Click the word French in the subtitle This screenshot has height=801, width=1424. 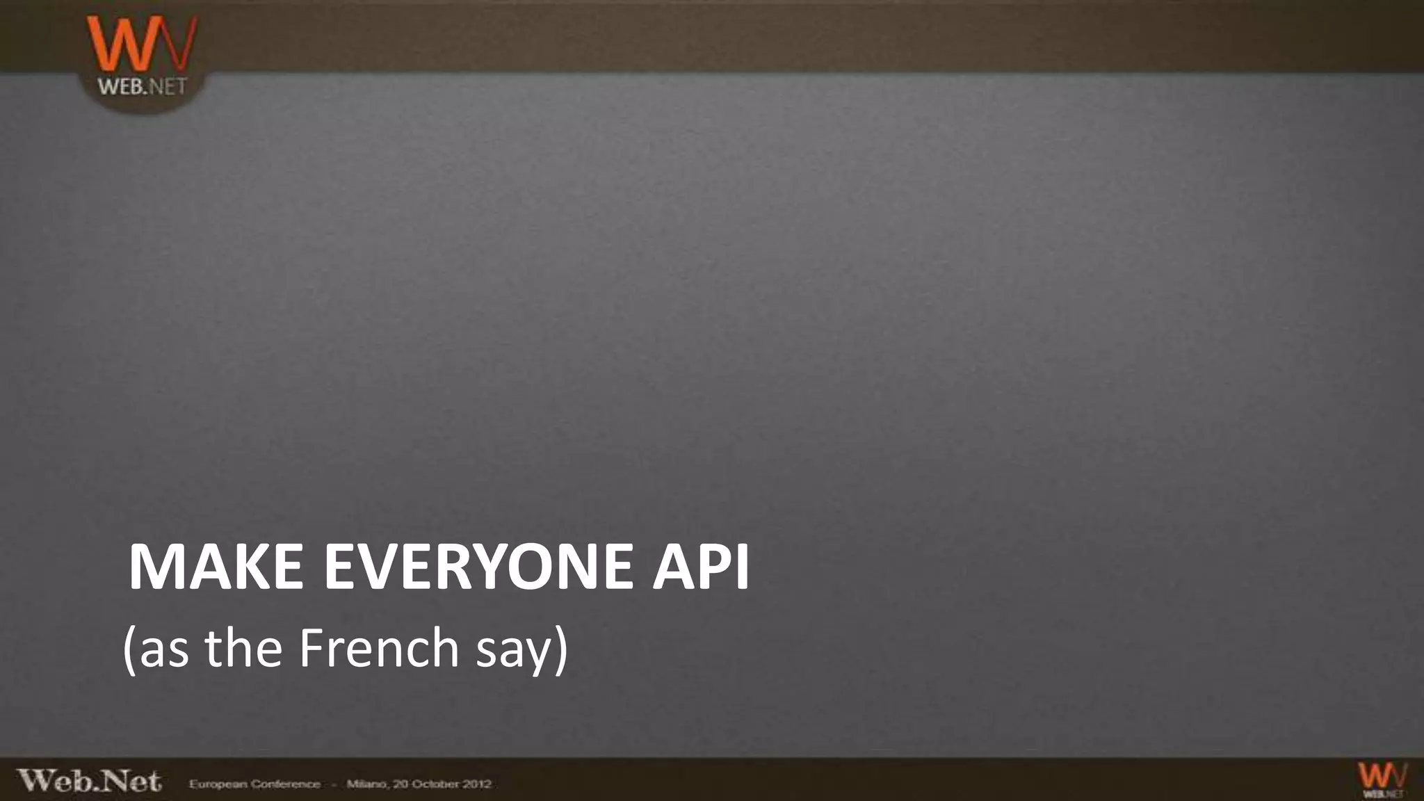[379, 648]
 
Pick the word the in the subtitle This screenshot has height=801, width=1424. [243, 648]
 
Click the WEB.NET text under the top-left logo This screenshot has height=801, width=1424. [142, 87]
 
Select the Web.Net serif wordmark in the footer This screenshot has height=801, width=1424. [89, 782]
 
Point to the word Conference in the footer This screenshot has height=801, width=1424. [286, 784]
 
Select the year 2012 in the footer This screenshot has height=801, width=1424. [478, 784]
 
